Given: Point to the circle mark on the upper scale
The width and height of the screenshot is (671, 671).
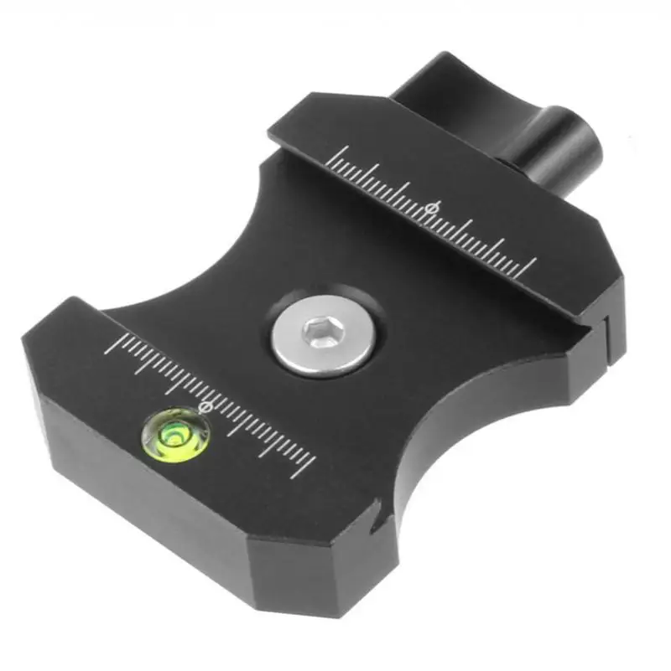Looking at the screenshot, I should [x=433, y=206].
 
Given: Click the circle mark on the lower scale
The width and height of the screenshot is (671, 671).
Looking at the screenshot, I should [x=203, y=406].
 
